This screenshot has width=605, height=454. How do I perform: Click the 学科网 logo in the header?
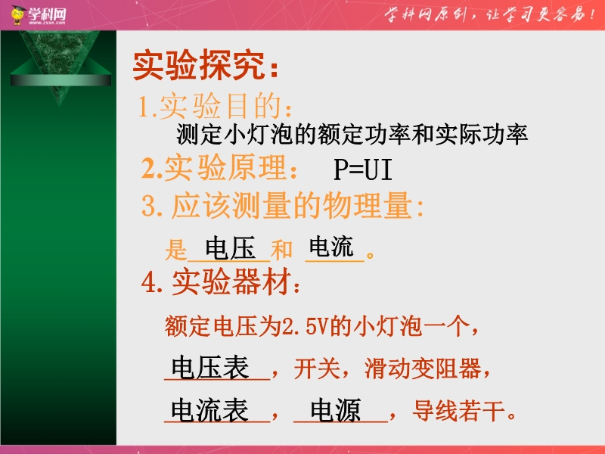coord(39,15)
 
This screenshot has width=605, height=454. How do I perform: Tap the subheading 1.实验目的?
coord(215,106)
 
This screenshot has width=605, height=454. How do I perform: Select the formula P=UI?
coord(363,169)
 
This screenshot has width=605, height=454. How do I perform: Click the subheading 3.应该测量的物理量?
coord(282,205)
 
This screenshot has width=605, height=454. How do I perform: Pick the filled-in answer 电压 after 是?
coord(230,248)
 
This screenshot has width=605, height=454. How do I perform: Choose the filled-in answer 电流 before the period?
coord(331,247)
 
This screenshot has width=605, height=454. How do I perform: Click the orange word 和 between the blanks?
coord(281,250)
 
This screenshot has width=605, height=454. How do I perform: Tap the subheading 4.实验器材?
coord(220,281)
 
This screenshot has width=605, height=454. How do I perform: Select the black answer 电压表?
coord(210,367)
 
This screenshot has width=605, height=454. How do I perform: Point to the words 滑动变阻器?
coord(423,368)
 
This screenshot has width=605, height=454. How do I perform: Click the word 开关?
coord(317,368)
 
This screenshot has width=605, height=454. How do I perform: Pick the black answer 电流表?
coord(209,409)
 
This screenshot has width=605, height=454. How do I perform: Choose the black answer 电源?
coord(336,409)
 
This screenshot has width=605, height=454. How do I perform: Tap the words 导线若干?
coord(459,411)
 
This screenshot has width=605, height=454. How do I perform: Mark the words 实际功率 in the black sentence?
coord(481,135)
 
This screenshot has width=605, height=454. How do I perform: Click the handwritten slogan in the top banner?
coord(489,14)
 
